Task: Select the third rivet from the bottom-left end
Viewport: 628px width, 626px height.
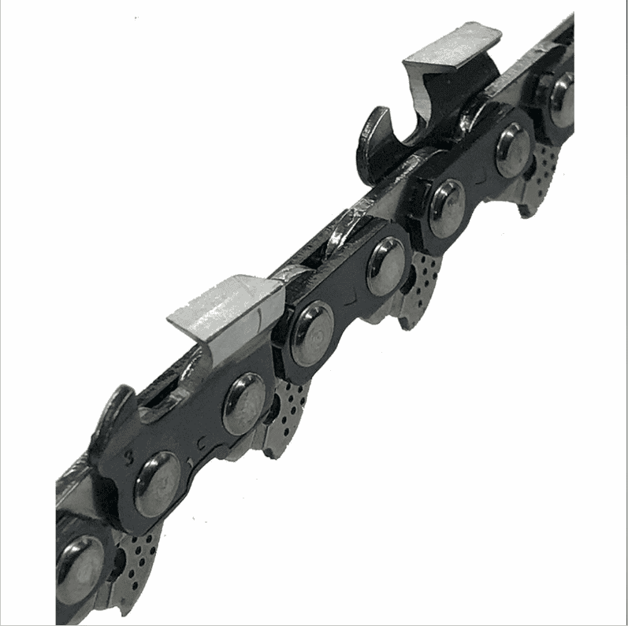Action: pyautogui.click(x=243, y=403)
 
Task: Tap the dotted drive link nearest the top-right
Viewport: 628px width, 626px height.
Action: pyautogui.click(x=544, y=169)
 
